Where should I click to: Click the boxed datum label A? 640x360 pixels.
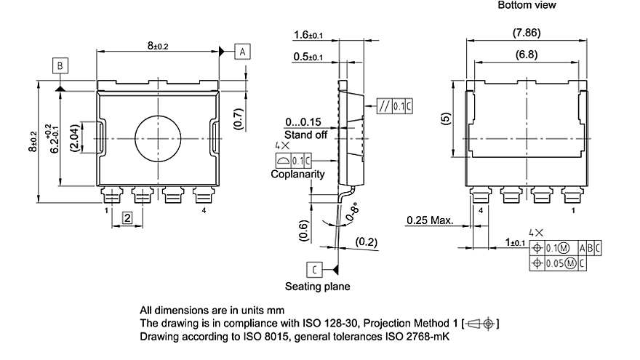(243, 51)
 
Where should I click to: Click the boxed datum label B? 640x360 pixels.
(61, 66)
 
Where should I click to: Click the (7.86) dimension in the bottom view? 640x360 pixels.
(527, 33)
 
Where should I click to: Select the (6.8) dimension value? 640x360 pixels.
(527, 55)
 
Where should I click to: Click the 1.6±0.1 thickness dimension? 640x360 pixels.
(309, 34)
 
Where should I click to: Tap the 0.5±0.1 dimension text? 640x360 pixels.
(309, 57)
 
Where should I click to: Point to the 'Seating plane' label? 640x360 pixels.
(317, 287)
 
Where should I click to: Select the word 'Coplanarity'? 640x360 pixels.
(297, 175)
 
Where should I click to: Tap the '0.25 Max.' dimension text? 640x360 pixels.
(430, 220)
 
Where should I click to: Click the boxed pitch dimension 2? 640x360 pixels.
(127, 217)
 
